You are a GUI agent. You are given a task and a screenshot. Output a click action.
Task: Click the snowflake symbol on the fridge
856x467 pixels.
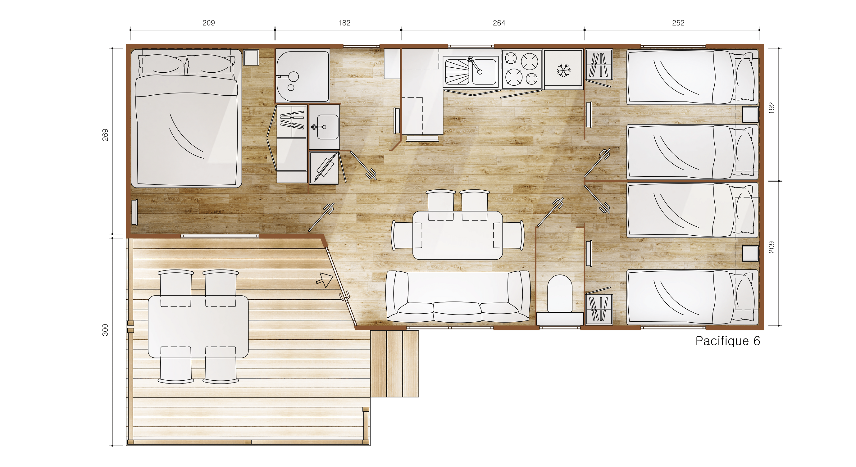(564, 70)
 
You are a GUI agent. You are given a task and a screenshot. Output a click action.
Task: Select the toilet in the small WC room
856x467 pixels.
(560, 294)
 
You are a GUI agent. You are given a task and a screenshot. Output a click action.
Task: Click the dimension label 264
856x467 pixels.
(499, 23)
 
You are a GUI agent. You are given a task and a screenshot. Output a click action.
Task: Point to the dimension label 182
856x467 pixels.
(344, 23)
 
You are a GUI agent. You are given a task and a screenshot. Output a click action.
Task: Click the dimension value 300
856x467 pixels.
(105, 330)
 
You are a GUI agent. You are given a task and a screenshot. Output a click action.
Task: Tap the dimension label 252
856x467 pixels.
(678, 23)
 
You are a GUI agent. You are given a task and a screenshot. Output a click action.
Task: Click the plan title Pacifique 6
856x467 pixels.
(728, 341)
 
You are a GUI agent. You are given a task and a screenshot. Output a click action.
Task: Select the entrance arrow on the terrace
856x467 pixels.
(325, 280)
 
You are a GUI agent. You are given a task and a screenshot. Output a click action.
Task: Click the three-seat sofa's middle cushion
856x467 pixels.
(457, 311)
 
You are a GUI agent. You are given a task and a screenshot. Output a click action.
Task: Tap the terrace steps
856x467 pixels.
(394, 363)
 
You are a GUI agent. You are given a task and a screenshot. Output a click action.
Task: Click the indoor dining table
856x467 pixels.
(458, 235)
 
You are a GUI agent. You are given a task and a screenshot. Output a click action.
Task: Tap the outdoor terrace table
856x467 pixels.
(198, 327)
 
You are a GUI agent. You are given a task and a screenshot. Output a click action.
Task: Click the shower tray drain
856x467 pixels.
(291, 88)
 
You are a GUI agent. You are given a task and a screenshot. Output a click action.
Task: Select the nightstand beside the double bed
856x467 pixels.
(251, 57)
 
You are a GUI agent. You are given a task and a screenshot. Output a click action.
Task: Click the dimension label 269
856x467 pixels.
(105, 135)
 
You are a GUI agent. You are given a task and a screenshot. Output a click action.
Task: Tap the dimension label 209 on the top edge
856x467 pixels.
(209, 23)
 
